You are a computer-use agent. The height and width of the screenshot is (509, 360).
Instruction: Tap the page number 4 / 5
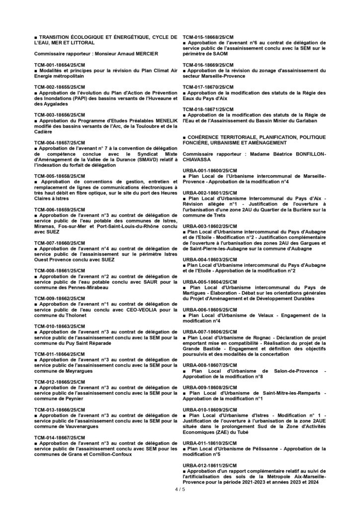(180, 490)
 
